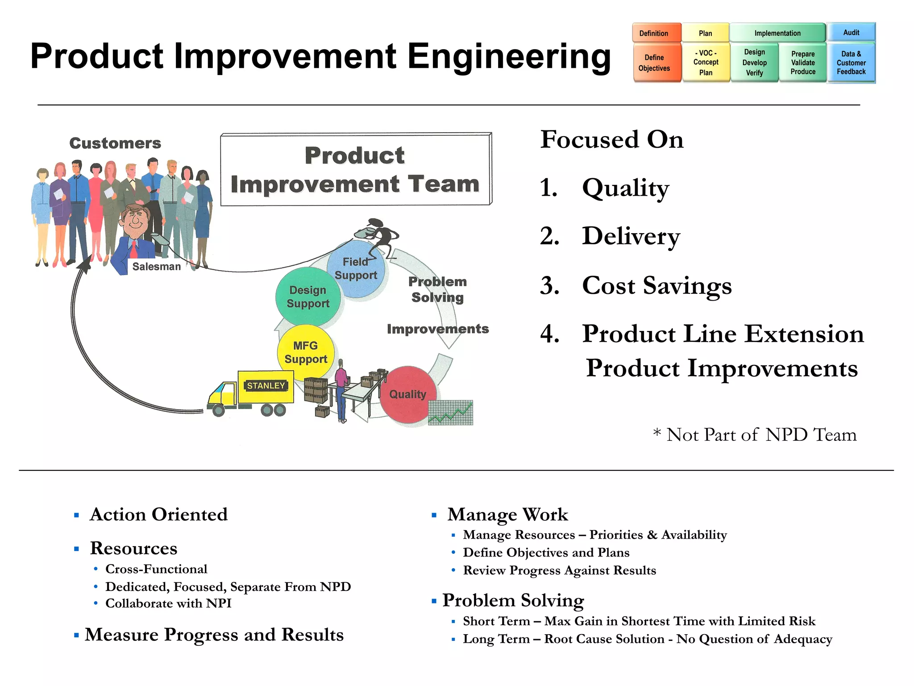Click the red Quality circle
coord(407,394)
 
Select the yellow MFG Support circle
coord(306,352)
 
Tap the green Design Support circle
coord(308,297)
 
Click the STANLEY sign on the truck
coord(266,385)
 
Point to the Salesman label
coord(156,267)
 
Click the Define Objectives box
coord(654,63)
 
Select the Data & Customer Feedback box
coord(851,63)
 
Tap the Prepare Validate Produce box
coord(803,63)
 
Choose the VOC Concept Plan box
coord(706,63)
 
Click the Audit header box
coord(851,33)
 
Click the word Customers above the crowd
coord(115,143)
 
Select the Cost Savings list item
coord(656,285)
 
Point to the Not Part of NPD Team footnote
coord(755,435)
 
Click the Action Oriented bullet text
coord(158,514)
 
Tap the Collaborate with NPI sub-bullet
coord(168,603)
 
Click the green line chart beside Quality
coord(450,413)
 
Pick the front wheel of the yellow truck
coord(218,410)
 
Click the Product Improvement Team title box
coord(356,170)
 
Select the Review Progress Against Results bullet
coord(559,570)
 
